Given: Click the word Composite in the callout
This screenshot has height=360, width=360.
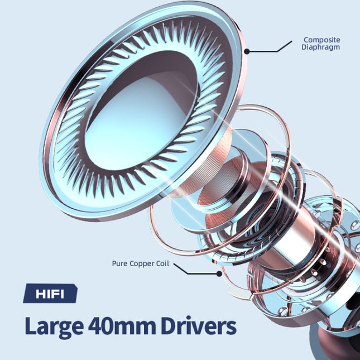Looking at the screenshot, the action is tap(322, 40).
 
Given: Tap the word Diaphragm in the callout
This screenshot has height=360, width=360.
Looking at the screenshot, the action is tap(320, 47).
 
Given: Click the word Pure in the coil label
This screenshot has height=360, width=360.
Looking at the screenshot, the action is tap(119, 263).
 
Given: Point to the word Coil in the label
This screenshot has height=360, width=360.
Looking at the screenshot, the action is tap(162, 263).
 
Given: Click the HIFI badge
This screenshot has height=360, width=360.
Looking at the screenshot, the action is tap(50, 294).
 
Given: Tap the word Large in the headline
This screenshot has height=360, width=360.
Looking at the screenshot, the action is tap(54, 327).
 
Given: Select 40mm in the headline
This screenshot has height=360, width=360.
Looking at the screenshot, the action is tap(122, 326).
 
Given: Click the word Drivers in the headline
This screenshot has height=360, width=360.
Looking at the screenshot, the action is tap(199, 326).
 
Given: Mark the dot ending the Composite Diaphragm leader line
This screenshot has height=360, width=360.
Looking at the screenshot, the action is tap(247, 51).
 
